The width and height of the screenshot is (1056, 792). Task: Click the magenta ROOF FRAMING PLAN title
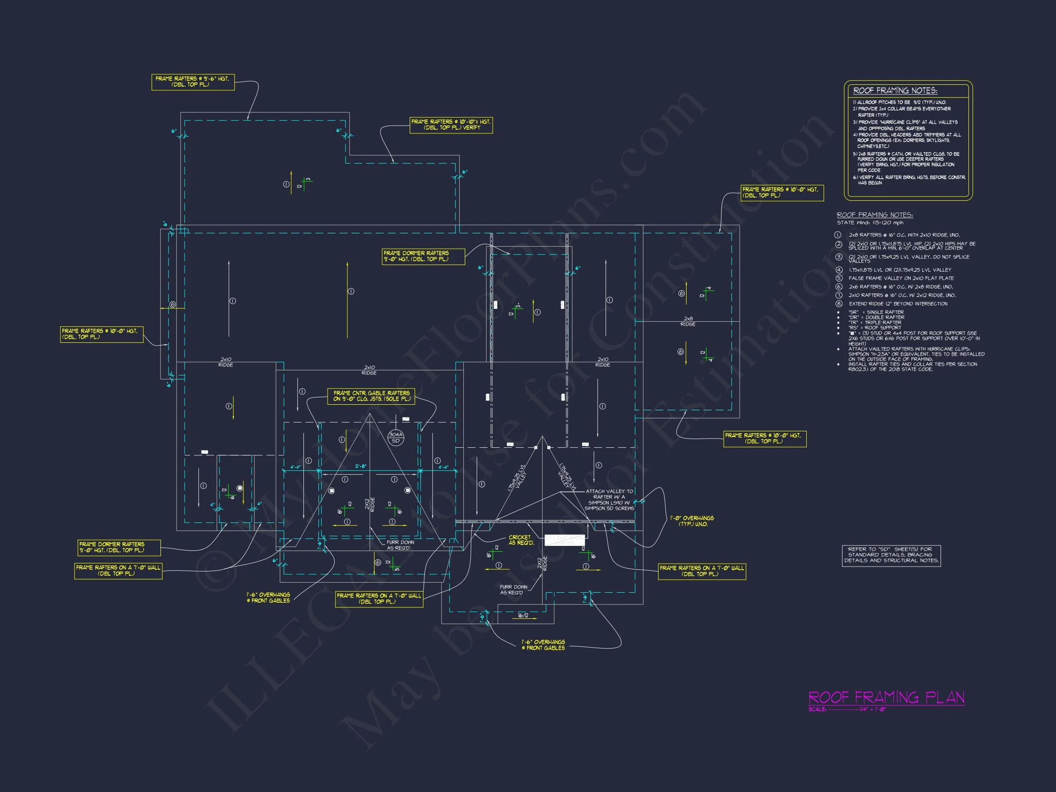(x=886, y=698)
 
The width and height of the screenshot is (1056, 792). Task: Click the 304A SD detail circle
(x=396, y=437)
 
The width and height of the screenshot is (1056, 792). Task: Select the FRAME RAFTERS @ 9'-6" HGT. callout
(x=193, y=82)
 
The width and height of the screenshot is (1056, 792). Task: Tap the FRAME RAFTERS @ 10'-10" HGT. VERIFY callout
(x=451, y=125)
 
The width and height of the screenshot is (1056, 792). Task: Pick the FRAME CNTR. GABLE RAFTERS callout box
(x=371, y=396)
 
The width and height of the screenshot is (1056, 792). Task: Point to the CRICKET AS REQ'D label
(x=520, y=540)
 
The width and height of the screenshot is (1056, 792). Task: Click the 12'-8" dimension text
(x=361, y=467)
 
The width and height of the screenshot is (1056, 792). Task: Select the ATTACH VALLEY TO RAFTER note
(x=609, y=500)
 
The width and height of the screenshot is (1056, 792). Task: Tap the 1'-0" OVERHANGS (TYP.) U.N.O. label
(x=691, y=521)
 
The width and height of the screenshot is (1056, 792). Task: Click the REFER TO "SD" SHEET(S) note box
(x=891, y=555)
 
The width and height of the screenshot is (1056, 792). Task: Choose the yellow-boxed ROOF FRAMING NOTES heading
(x=895, y=91)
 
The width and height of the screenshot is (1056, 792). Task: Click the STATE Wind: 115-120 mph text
(x=870, y=222)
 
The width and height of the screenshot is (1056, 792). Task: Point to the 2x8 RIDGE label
(x=688, y=321)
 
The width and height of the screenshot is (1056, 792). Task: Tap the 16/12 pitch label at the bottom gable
(x=523, y=616)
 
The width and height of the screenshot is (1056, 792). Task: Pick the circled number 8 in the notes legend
(x=839, y=303)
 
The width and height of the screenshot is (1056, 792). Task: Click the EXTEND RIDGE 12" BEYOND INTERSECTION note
(x=898, y=303)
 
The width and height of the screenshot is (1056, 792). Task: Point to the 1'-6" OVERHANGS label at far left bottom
(x=268, y=597)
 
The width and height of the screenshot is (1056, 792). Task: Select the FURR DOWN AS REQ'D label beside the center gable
(x=400, y=544)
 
